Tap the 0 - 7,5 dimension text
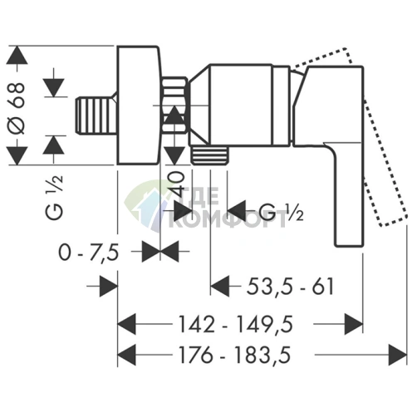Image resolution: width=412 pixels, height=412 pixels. tap(89, 253)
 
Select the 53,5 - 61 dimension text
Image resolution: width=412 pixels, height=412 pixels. tap(290, 287)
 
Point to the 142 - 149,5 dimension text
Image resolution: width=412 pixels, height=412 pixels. tap(235, 324)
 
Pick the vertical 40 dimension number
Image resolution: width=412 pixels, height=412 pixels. tap(179, 184)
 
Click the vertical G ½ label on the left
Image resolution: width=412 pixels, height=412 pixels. tap(55, 197)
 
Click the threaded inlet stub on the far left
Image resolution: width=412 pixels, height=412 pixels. tap(96, 115)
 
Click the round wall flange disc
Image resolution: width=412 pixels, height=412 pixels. tap(139, 105)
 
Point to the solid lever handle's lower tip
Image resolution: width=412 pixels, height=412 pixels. tap(349, 245)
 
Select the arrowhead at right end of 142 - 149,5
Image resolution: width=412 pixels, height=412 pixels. tap(354, 324)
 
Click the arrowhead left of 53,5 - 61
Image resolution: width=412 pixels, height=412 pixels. tap(220, 287)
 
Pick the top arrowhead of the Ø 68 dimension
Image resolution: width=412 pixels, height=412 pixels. tap(17, 55)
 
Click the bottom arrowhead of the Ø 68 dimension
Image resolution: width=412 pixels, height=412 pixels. tap(17, 156)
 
